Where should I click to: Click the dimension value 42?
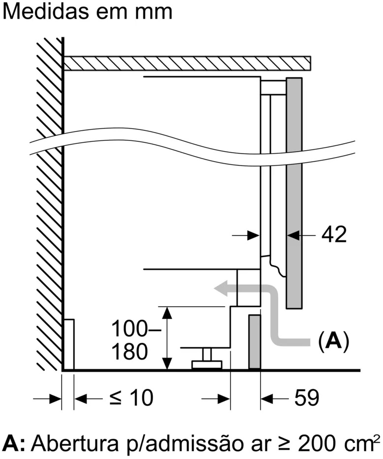coord(334,235)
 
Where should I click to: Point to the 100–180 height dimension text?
coord(130,339)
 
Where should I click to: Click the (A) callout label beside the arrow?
coord(334,340)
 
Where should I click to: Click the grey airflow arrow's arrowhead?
coord(222,289)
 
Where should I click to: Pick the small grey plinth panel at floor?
coord(254,342)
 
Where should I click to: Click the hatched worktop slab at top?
coord(187,64)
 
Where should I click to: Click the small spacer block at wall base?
coord(69,344)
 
